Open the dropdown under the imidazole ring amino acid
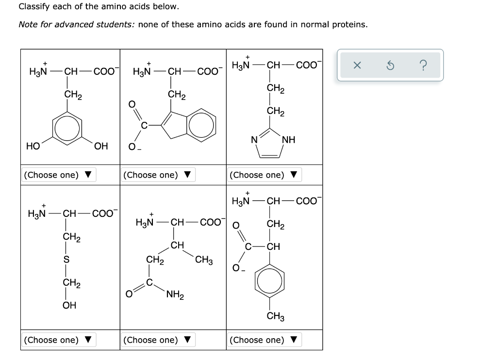click(265, 175)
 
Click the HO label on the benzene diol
click(33, 146)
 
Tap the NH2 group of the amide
click(173, 294)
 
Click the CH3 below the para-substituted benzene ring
click(276, 317)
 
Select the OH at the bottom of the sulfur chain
click(69, 305)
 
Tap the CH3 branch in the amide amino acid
click(203, 261)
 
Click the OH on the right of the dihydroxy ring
click(101, 146)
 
